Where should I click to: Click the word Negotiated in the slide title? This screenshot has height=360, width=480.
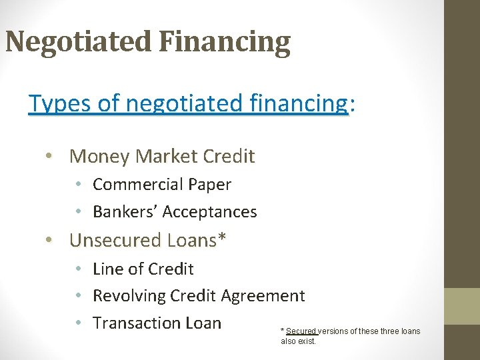78,41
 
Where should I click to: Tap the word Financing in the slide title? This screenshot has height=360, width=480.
225,41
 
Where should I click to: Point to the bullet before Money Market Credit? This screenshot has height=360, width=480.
50,157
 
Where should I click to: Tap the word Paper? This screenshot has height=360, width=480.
209,185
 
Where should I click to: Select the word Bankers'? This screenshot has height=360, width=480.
125,212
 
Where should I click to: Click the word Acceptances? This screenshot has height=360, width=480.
209,212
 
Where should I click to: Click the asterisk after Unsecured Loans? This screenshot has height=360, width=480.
222,239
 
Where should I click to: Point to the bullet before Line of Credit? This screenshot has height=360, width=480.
78,269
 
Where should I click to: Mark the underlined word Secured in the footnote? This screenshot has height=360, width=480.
301,331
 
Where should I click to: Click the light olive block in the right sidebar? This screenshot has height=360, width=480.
462,306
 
